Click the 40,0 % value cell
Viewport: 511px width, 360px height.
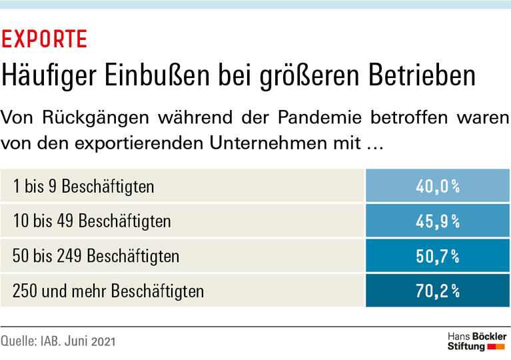pyautogui.click(x=438, y=186)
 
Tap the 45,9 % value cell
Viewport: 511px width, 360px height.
pyautogui.click(x=438, y=221)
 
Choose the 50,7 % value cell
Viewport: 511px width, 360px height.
pyautogui.click(x=438, y=255)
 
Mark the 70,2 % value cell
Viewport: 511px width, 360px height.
pyautogui.click(x=438, y=291)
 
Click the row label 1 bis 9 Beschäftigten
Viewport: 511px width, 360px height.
pyautogui.click(x=83, y=186)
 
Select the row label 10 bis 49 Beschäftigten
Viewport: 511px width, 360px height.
pyautogui.click(x=91, y=221)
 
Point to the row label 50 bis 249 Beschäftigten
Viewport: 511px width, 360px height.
pyautogui.click(x=96, y=255)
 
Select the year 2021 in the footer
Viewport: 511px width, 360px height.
pyautogui.click(x=102, y=341)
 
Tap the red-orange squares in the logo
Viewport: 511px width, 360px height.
pyautogui.click(x=496, y=347)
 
